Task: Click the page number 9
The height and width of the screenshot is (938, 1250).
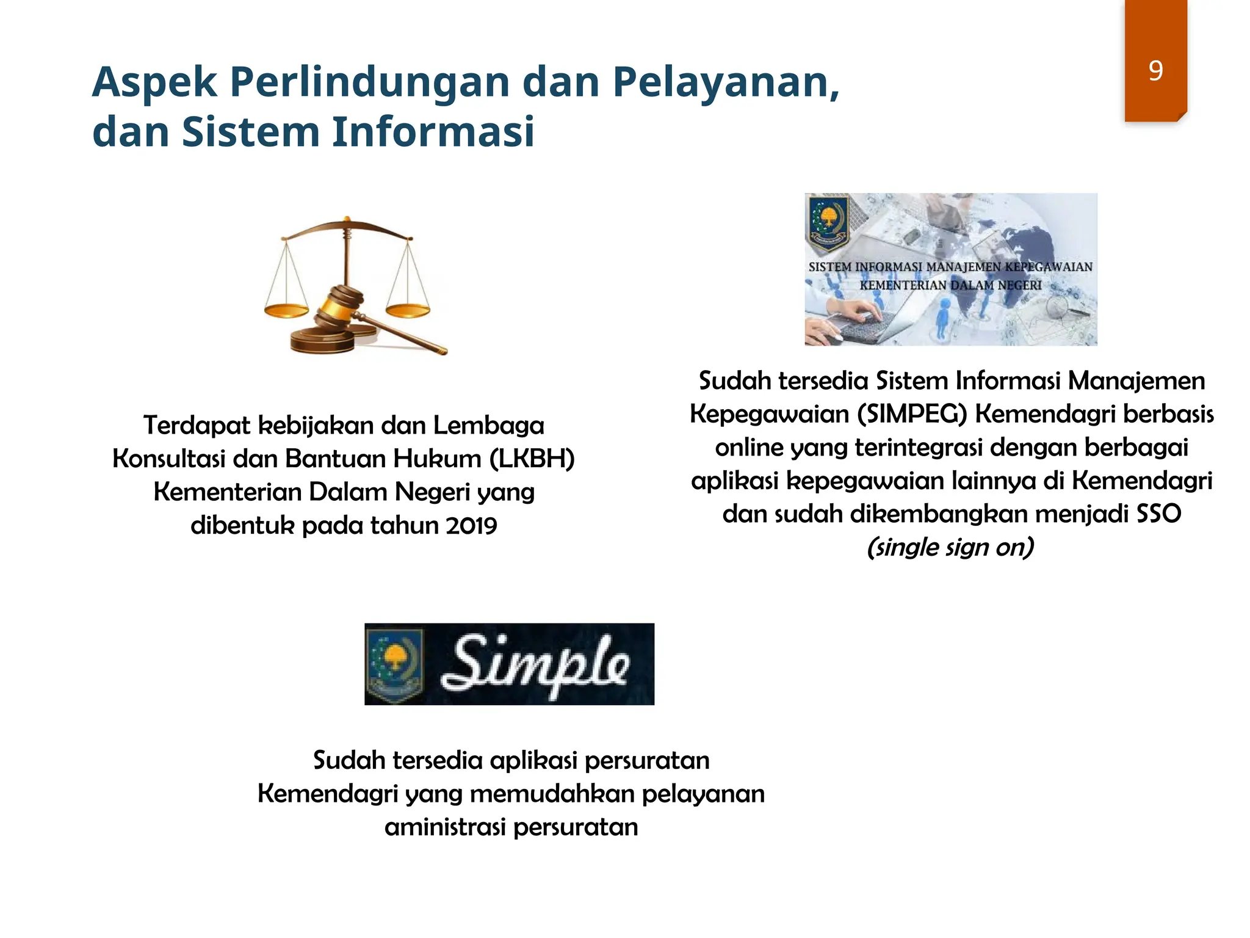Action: tap(1155, 71)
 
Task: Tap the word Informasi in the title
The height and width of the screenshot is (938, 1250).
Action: tap(433, 132)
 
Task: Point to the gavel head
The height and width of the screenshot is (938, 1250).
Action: tap(340, 304)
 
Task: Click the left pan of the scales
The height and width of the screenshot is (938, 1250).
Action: tap(286, 311)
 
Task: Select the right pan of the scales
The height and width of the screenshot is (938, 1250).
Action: tap(408, 310)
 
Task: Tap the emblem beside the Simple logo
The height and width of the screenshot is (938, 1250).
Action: tap(396, 664)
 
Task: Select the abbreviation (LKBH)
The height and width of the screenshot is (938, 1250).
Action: tap(532, 459)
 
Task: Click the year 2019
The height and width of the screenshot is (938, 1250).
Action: tap(471, 525)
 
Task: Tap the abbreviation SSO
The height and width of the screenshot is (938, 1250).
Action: tap(1158, 514)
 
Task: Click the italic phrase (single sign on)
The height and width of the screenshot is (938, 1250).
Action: tap(950, 547)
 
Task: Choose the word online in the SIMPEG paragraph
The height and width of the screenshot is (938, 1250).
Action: tap(750, 448)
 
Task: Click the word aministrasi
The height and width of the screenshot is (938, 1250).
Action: tap(446, 827)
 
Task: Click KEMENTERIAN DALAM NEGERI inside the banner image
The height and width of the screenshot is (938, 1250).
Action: tap(950, 285)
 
